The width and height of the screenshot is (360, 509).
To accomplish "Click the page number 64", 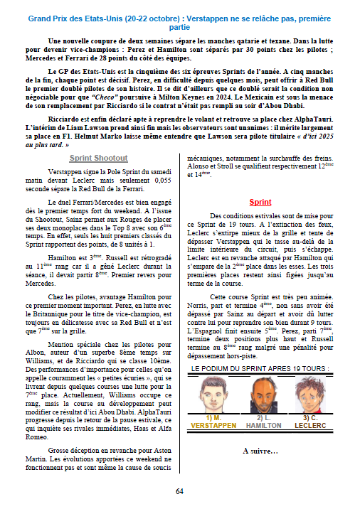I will (x=180, y=491).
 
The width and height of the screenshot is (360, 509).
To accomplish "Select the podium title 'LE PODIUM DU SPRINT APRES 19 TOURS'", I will (x=260, y=370).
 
